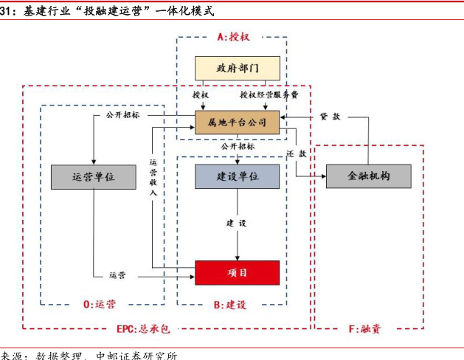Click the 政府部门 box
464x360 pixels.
pyautogui.click(x=238, y=69)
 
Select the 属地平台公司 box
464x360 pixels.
pyautogui.click(x=238, y=120)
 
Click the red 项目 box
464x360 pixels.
pyautogui.click(x=238, y=272)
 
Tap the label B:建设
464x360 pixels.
pyautogui.click(x=229, y=303)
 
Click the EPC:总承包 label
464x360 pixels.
pyautogui.click(x=143, y=327)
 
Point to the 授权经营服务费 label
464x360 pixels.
pyautogui.click(x=269, y=95)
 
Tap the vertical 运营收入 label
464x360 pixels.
pyautogui.click(x=153, y=177)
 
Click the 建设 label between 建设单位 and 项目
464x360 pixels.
pyautogui.click(x=237, y=223)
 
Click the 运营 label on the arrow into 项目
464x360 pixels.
pyautogui.click(x=117, y=275)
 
